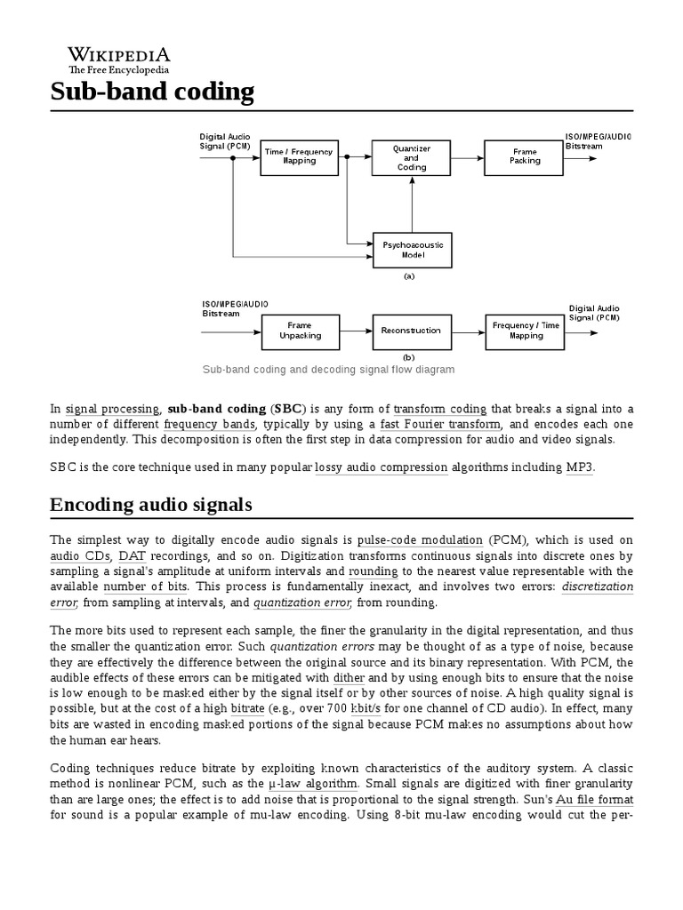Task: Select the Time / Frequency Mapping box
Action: click(299, 156)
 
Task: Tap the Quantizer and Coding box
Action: click(410, 157)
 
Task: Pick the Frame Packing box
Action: click(524, 156)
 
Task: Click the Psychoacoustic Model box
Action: click(410, 250)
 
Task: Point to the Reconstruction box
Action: click(410, 331)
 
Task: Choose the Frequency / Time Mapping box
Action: click(525, 331)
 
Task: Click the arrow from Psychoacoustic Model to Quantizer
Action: click(411, 204)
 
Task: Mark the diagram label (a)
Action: click(409, 276)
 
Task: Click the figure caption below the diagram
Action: click(328, 369)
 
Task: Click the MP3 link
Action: click(578, 467)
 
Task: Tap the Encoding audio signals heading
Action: click(151, 505)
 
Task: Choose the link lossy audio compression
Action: click(382, 467)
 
